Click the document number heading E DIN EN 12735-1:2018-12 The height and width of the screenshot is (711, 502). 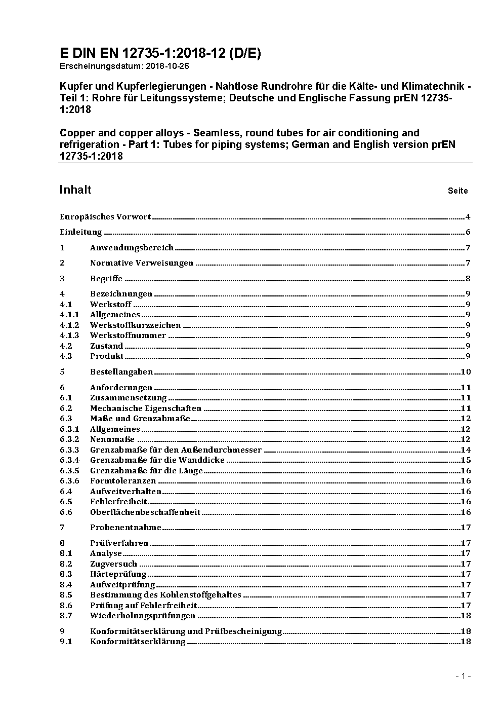pyautogui.click(x=160, y=53)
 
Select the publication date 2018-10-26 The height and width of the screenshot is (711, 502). pyautogui.click(x=169, y=66)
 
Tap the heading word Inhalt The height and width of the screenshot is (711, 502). pyautogui.click(x=75, y=190)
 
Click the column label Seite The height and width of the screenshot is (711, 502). pyautogui.click(x=457, y=191)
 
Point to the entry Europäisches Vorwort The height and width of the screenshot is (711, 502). pyautogui.click(x=105, y=217)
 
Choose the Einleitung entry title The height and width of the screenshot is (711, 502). pyautogui.click(x=81, y=232)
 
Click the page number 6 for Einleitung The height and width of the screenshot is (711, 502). pyautogui.click(x=468, y=232)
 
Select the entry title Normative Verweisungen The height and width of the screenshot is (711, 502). pyautogui.click(x=142, y=263)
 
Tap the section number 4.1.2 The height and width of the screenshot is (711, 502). pyautogui.click(x=69, y=325)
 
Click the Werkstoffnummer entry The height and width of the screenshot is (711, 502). pyautogui.click(x=128, y=335)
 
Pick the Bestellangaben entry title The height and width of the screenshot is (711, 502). pyautogui.click(x=121, y=372)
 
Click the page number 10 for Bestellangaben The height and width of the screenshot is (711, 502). pyautogui.click(x=466, y=372)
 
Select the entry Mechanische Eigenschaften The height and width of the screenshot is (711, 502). pyautogui.click(x=146, y=408)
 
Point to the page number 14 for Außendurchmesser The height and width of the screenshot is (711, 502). pyautogui.click(x=466, y=450)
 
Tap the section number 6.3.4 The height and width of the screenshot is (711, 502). pyautogui.click(x=69, y=460)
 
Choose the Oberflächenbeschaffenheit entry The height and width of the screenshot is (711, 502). pyautogui.click(x=145, y=512)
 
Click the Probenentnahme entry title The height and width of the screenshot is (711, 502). pyautogui.click(x=126, y=528)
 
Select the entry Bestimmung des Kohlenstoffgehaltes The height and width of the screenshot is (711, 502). pyautogui.click(x=165, y=595)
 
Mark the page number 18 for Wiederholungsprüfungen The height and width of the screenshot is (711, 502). pyautogui.click(x=466, y=616)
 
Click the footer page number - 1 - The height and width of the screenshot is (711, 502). pyautogui.click(x=464, y=676)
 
